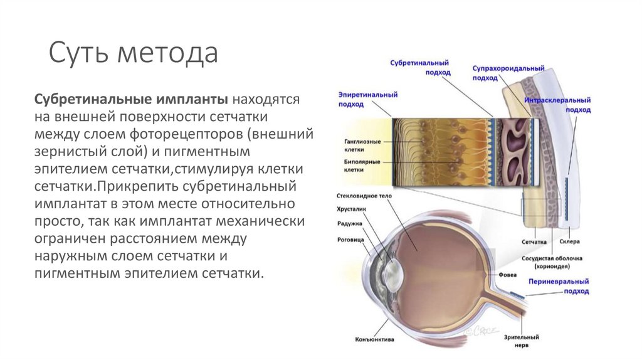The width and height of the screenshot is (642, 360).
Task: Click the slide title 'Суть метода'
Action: pos(134,53)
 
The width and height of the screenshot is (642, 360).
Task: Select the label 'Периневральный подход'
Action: pos(564,287)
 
